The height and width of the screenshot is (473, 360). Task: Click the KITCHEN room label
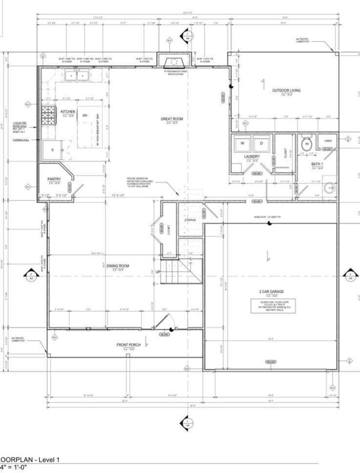(68, 111)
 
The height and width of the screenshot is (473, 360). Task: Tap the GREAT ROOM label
(172, 119)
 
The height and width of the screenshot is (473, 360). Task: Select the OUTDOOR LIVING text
(286, 90)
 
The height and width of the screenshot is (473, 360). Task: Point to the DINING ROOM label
(117, 266)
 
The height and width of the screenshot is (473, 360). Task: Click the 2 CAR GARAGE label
(271, 291)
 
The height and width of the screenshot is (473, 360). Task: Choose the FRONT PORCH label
(128, 345)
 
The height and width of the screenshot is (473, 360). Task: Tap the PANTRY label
(54, 179)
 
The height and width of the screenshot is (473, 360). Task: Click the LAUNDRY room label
(252, 156)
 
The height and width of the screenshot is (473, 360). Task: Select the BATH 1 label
(317, 164)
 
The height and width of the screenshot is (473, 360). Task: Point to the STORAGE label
(190, 220)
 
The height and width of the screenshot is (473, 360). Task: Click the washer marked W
(242, 143)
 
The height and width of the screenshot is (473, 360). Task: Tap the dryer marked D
(261, 143)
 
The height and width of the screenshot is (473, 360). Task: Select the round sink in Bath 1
(329, 188)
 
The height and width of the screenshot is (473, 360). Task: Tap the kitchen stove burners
(47, 116)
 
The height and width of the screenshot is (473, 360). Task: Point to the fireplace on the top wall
(174, 62)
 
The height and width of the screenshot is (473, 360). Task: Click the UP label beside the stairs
(158, 272)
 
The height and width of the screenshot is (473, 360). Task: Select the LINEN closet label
(328, 141)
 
